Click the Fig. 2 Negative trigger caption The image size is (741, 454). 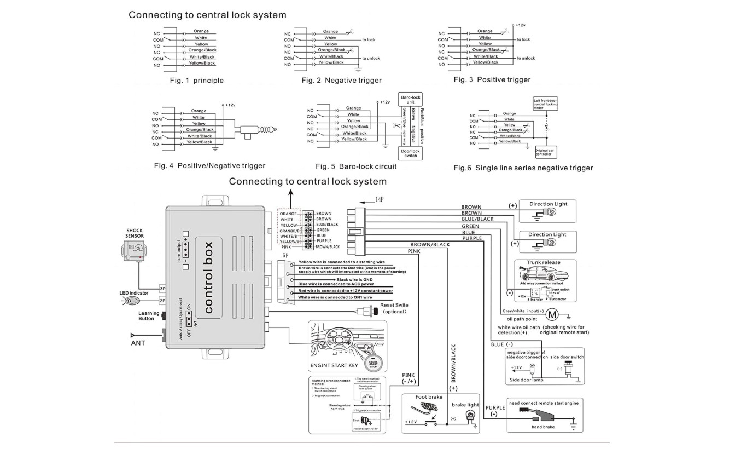(x=341, y=81)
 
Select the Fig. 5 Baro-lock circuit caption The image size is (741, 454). (x=356, y=166)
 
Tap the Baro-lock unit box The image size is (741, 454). (x=410, y=99)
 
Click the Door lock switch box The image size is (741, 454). (x=410, y=153)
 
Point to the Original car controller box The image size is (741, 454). (x=545, y=152)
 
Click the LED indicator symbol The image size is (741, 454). (x=132, y=301)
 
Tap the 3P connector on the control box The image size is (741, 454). (x=162, y=289)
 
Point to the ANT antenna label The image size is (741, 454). (x=138, y=343)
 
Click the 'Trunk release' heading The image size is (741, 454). (x=543, y=262)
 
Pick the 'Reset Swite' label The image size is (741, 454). (x=394, y=305)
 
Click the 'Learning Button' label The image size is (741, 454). (x=149, y=316)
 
